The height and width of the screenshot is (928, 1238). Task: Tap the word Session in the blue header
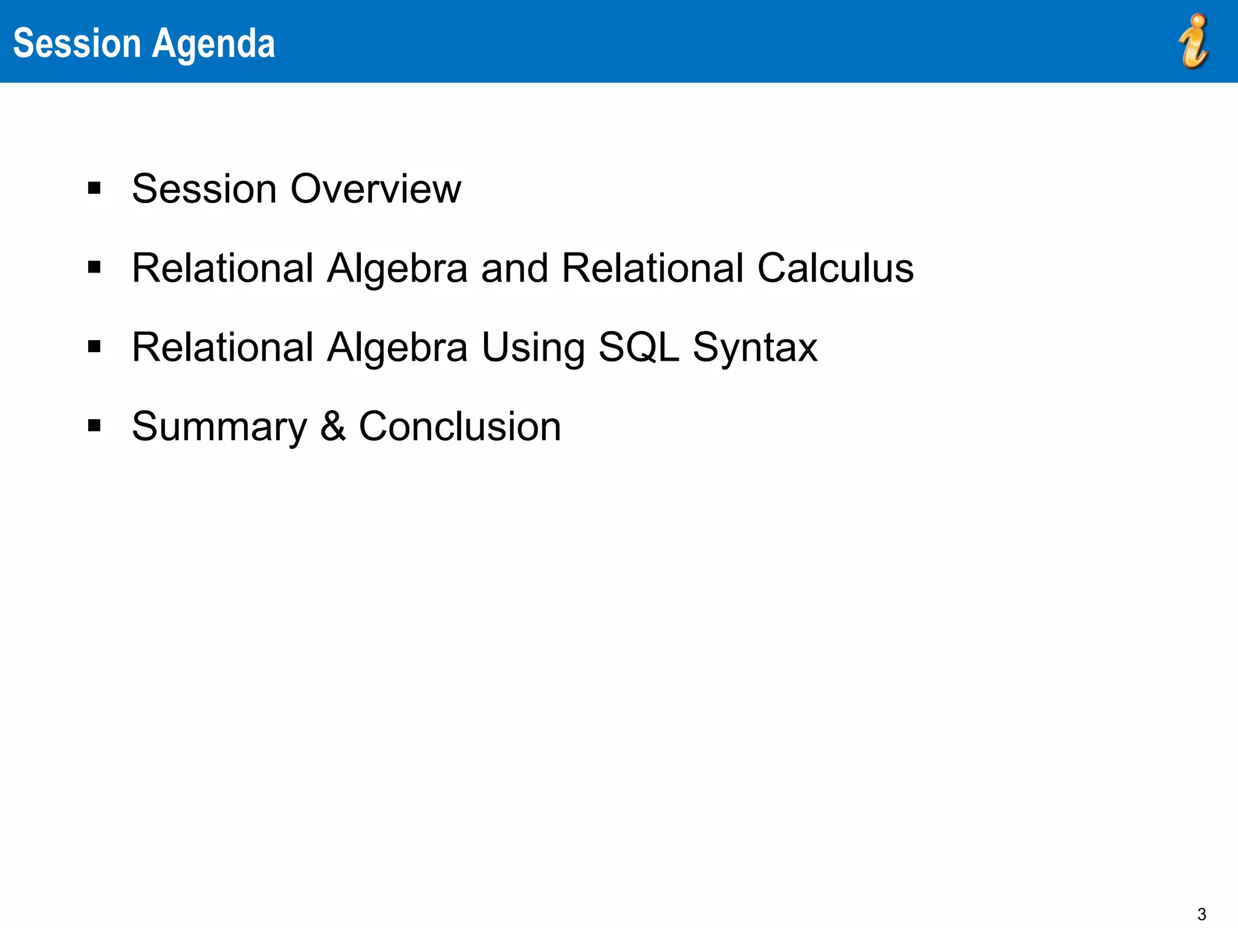pos(77,43)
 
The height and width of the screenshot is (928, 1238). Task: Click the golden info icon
pos(1194,41)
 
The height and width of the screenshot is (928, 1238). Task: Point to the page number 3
pos(1201,914)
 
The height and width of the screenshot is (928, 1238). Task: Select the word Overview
pos(375,188)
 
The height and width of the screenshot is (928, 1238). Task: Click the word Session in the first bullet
pos(204,188)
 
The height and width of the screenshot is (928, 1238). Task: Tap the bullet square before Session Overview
pos(94,188)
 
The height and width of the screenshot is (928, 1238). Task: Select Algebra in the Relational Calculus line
pos(397,269)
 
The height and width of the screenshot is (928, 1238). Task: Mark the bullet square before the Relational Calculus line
pos(94,267)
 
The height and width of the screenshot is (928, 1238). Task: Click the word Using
pos(533,348)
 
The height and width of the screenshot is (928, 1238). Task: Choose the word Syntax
pos(755,348)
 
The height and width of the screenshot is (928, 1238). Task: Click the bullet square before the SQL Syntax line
pos(94,347)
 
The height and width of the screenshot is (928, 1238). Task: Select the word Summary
pos(219,428)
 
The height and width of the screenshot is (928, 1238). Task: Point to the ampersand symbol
pos(332,426)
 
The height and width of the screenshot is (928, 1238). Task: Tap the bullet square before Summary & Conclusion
pos(94,426)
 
